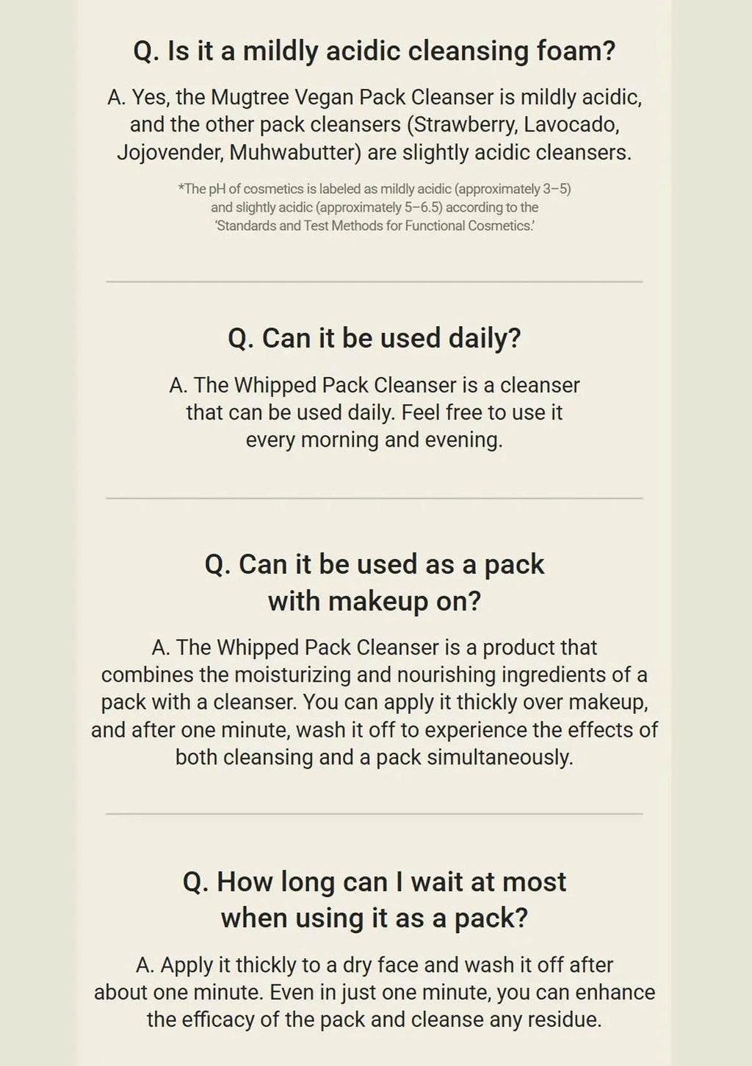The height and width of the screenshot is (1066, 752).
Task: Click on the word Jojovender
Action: [x=171, y=153]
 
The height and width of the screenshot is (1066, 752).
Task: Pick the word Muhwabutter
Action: [x=296, y=153]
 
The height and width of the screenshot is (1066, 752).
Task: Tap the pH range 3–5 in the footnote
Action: [x=557, y=189]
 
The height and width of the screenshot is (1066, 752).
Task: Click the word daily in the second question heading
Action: [x=485, y=339]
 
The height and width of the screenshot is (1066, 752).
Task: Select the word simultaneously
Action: [x=500, y=757]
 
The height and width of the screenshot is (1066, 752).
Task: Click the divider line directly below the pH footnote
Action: [x=375, y=281]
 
